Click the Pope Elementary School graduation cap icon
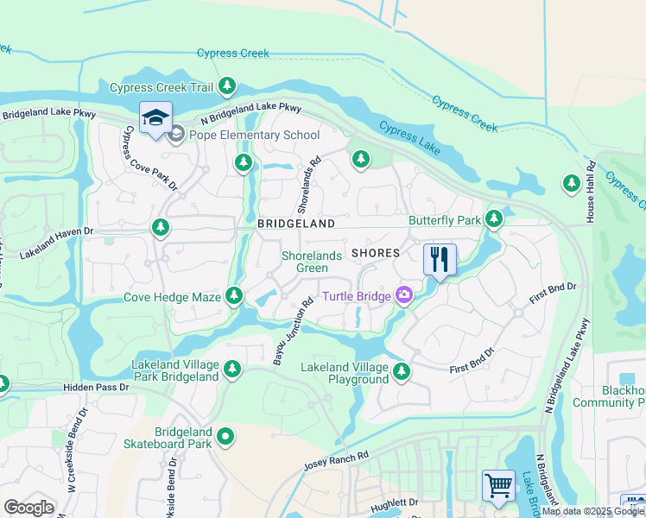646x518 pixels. [x=156, y=118]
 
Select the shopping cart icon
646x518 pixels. [x=498, y=484]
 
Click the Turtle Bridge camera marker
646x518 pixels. [x=403, y=296]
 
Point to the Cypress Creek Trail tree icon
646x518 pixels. [x=227, y=86]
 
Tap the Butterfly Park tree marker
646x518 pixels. [x=493, y=219]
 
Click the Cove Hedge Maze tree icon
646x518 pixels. [x=233, y=296]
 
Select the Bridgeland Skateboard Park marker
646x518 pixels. [x=225, y=437]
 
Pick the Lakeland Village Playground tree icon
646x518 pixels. [x=401, y=372]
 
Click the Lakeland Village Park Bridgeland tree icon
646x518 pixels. [x=231, y=370]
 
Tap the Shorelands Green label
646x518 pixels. [x=306, y=262]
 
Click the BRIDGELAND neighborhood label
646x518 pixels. [x=295, y=224]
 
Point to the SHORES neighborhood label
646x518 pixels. [x=376, y=253]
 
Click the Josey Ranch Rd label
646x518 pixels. [x=336, y=460]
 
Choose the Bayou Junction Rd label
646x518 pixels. [x=292, y=332]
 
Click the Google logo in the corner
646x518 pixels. [x=28, y=508]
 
